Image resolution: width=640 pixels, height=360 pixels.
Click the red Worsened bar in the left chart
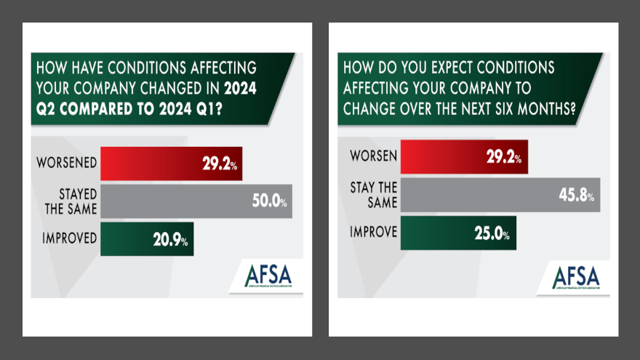(x=170, y=164)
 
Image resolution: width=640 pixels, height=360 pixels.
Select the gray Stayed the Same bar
(x=196, y=201)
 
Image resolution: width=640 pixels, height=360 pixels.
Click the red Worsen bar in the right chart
(x=464, y=156)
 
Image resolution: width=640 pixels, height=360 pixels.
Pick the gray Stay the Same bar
(x=500, y=195)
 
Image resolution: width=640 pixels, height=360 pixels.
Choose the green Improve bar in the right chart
(x=458, y=233)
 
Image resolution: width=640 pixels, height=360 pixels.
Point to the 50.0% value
(x=269, y=202)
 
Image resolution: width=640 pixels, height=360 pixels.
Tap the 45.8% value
(x=577, y=196)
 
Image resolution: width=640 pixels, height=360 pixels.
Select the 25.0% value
(x=494, y=233)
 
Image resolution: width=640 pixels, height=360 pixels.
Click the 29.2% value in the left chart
(x=220, y=164)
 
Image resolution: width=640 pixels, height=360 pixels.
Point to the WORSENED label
(x=66, y=162)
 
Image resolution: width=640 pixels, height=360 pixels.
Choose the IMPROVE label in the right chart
(x=372, y=233)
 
